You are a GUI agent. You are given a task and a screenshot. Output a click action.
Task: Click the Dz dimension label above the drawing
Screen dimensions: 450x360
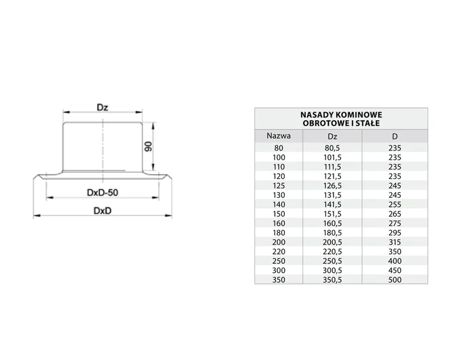102,108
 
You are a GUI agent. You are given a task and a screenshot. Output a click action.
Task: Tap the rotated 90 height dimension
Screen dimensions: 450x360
149,147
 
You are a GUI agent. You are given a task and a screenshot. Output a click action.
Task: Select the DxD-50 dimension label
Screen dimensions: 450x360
102,192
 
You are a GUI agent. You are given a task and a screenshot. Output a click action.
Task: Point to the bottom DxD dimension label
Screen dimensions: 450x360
102,211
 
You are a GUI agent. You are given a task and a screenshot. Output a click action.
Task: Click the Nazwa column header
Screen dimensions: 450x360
279,136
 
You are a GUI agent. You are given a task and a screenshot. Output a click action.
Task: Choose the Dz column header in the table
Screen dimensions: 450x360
332,136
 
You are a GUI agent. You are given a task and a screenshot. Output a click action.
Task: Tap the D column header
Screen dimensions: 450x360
395,136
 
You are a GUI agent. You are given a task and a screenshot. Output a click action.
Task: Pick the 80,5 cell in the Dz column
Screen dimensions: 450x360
332,148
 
